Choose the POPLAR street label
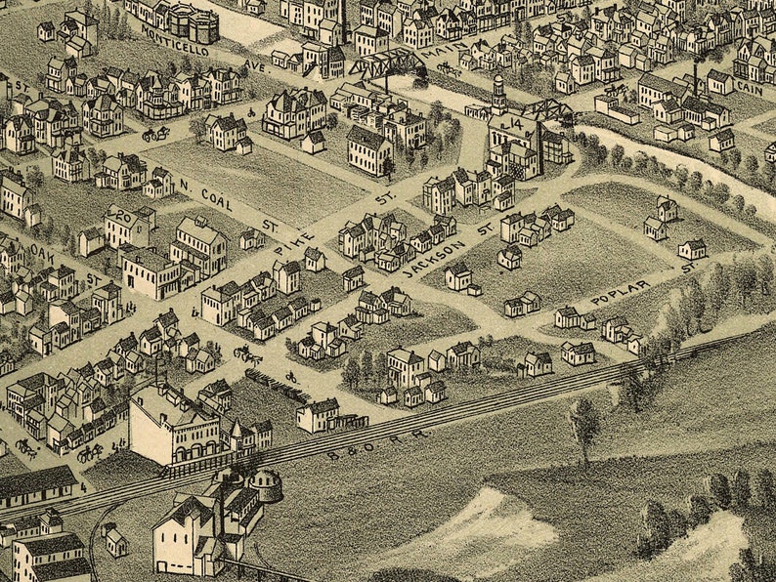tap(620, 290)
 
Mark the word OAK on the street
tap(40, 251)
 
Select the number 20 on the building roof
tap(122, 217)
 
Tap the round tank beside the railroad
tap(265, 485)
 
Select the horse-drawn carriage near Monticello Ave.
tap(155, 133)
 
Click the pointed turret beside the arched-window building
tap(236, 431)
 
